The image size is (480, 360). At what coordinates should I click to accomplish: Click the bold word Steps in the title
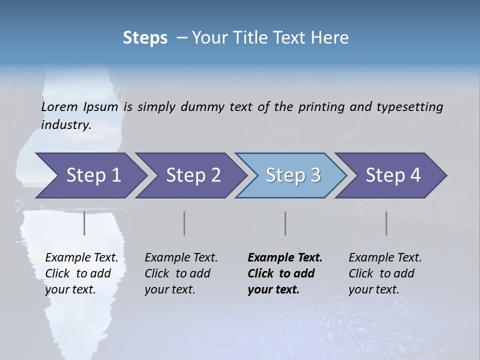[145, 37]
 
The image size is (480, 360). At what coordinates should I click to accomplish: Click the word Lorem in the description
[59, 106]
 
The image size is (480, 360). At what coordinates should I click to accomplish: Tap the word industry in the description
[65, 124]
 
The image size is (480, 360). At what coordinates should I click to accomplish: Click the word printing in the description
[321, 106]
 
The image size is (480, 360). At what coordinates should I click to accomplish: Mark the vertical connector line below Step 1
[84, 223]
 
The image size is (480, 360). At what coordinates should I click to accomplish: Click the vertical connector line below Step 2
[184, 223]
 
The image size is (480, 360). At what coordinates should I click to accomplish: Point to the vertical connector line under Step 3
[285, 223]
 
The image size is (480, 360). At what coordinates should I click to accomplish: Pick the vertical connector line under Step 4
[386, 223]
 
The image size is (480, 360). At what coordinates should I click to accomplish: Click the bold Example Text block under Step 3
[285, 273]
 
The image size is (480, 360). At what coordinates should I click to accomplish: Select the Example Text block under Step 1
[81, 273]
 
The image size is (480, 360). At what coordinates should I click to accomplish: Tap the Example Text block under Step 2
[181, 273]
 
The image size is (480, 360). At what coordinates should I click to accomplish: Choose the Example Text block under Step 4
[385, 273]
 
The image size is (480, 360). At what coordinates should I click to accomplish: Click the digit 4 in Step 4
[414, 175]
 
